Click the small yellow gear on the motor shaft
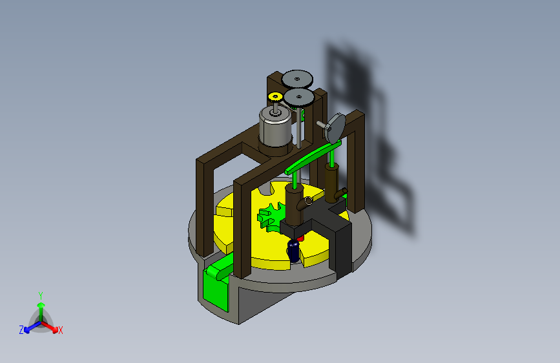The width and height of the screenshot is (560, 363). (x=275, y=96)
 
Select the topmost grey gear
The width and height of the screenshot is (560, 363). (x=297, y=79)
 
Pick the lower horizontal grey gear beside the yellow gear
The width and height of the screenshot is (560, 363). (x=299, y=97)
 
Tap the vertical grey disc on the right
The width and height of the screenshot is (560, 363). (x=336, y=127)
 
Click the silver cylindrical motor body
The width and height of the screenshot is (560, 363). (x=275, y=127)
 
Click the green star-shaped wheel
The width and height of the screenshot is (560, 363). (x=271, y=216)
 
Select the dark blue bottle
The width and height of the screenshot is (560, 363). (x=294, y=251)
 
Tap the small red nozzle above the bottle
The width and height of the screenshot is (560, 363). (x=300, y=238)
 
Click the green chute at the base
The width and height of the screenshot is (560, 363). (x=217, y=282)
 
